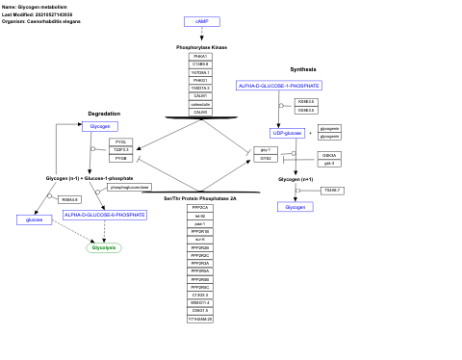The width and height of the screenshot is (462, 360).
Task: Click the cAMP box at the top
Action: (x=201, y=21)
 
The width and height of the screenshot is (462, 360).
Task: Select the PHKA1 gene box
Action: (x=200, y=57)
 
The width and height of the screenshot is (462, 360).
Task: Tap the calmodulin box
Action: (x=200, y=103)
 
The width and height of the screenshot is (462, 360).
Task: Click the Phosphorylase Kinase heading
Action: (x=201, y=47)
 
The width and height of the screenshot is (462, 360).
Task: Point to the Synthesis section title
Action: (x=303, y=69)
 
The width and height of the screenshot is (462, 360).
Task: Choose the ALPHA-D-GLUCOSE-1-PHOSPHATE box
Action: (x=278, y=86)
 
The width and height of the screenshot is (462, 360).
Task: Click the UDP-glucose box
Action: (x=288, y=133)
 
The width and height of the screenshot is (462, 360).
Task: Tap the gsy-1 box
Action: (x=267, y=150)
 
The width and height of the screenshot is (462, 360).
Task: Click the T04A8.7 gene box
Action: (x=331, y=191)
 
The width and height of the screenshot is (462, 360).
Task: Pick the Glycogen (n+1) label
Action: (x=295, y=179)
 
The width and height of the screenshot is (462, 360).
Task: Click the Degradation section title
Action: (x=104, y=114)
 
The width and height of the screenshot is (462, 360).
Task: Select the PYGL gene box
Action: (x=121, y=141)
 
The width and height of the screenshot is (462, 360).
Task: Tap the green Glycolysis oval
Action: (x=103, y=247)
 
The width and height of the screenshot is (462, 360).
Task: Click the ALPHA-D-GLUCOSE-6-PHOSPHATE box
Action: (x=105, y=215)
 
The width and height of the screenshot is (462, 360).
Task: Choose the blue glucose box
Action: (x=35, y=219)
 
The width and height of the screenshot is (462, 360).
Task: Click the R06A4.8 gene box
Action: (x=69, y=199)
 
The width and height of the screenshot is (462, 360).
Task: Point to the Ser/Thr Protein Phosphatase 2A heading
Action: (x=200, y=197)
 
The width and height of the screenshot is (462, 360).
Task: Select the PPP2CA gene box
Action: (x=200, y=207)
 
